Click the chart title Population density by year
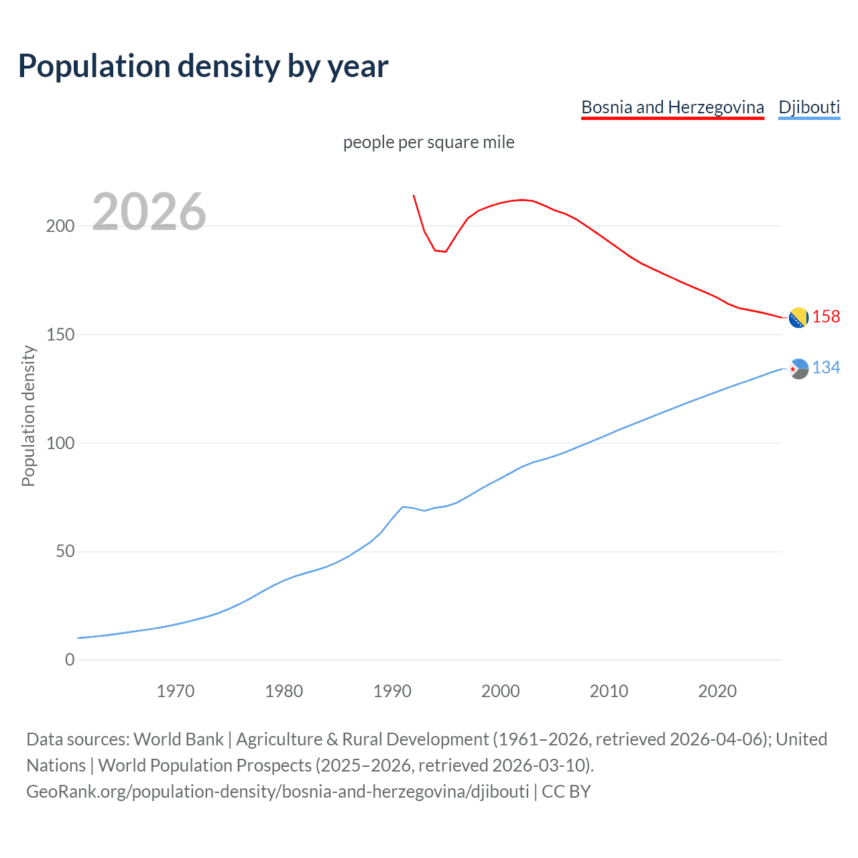pos(203,66)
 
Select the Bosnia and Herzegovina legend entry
pos(672,107)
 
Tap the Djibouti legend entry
pos(809,107)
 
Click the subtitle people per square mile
pos(429,142)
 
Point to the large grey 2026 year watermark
pos(149,212)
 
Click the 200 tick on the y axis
pos(60,226)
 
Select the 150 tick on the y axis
pos(60,334)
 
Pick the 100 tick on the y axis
pos(60,443)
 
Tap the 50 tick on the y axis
pos(64,552)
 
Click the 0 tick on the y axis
pos(70,660)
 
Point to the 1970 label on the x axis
pos(176,691)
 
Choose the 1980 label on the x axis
pos(284,691)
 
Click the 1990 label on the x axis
pos(392,691)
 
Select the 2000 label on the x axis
pos(501,691)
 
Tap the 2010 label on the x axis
pos(609,691)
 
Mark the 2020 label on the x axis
pos(717,691)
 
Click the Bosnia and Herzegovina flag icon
pos(798,318)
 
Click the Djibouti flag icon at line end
pos(798,369)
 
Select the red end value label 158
pos(826,316)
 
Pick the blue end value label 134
pos(826,367)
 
